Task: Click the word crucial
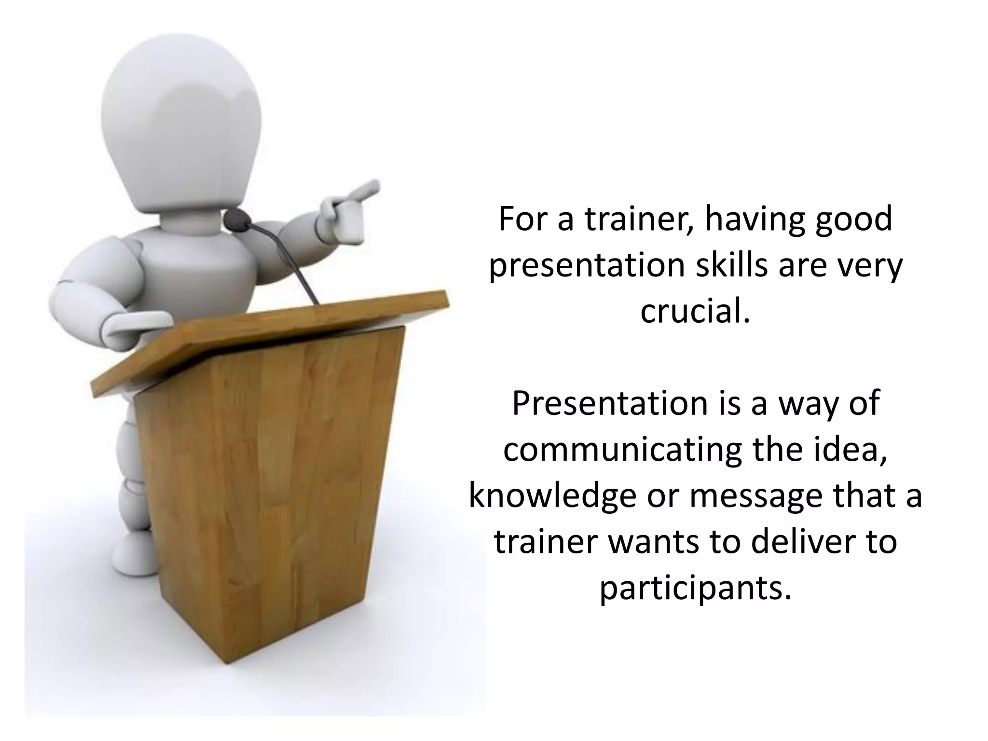[x=695, y=311]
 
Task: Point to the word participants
[x=695, y=589]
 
